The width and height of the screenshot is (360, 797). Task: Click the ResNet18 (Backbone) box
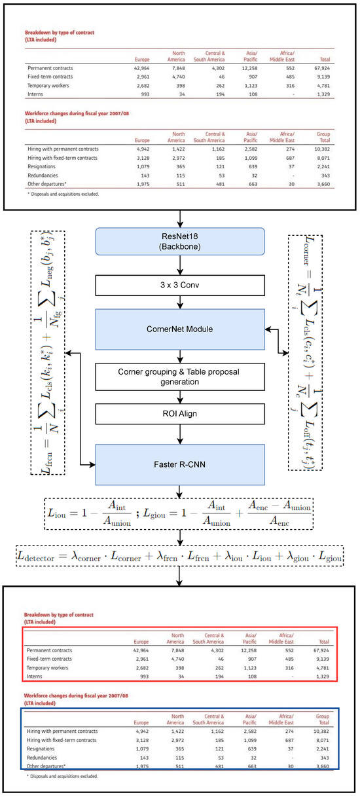point(179,242)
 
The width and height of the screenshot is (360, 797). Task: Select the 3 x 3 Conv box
point(179,285)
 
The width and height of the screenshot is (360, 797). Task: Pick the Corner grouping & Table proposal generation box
point(179,377)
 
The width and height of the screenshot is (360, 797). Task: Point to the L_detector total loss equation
point(179,556)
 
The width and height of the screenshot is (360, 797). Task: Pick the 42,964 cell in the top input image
point(140,68)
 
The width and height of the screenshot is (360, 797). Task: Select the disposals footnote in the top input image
point(63,195)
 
